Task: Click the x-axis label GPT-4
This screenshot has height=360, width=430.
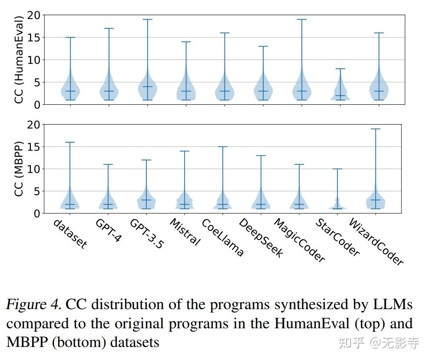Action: (108, 230)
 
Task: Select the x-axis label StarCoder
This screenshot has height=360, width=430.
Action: (337, 237)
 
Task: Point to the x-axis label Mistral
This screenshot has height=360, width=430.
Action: (185, 232)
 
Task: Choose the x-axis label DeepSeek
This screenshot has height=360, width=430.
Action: (261, 238)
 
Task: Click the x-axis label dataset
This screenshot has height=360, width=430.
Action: (70, 233)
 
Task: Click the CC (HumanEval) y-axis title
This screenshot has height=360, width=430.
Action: (19, 60)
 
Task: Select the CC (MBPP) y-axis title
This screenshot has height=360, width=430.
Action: (19, 168)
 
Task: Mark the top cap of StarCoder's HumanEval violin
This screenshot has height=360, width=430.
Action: (340, 69)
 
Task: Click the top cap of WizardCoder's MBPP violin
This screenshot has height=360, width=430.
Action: (376, 129)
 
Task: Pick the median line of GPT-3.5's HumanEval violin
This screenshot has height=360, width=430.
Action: (147, 87)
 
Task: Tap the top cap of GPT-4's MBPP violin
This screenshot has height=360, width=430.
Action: (108, 164)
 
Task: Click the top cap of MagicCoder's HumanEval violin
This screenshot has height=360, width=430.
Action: (301, 20)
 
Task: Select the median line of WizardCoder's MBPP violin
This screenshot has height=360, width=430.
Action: (376, 200)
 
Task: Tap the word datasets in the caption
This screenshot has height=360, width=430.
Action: (135, 342)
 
